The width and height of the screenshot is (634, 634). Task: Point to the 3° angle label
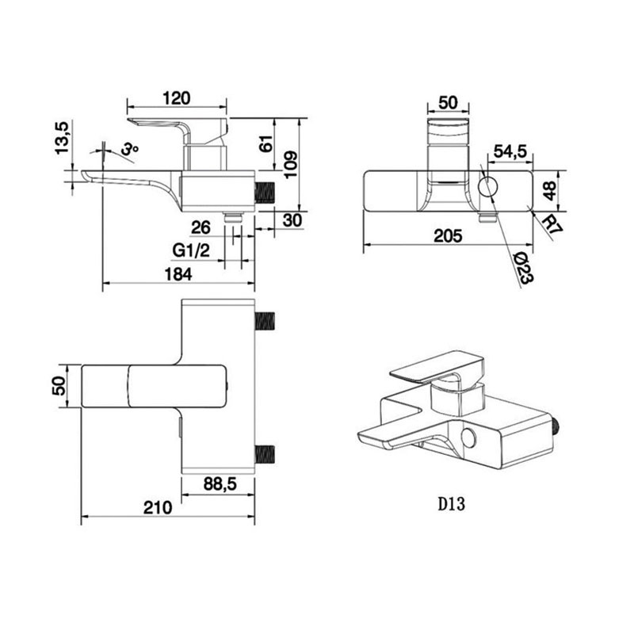tap(130, 148)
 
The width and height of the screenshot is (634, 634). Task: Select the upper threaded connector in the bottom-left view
tap(265, 320)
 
